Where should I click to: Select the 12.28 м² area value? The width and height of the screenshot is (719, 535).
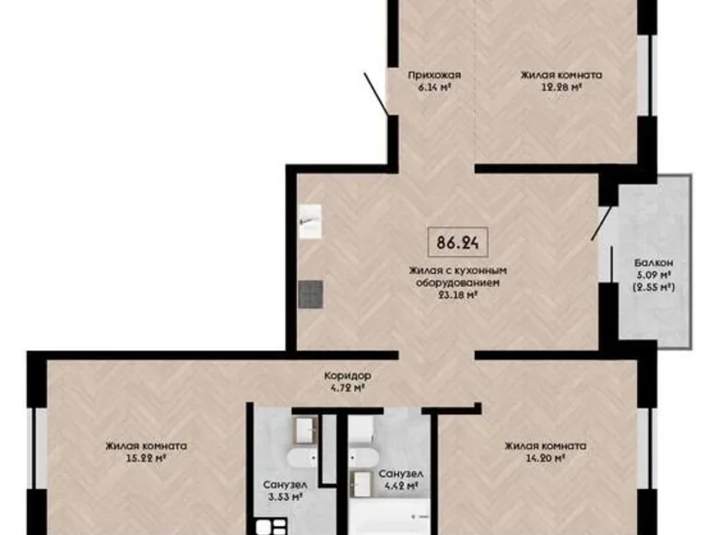click(561, 88)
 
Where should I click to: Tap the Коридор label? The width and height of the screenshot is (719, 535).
click(348, 376)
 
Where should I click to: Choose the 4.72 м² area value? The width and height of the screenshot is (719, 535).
click(348, 388)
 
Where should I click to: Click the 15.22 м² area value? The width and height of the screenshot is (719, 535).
click(146, 458)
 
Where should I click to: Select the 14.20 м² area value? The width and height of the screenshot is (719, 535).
click(545, 458)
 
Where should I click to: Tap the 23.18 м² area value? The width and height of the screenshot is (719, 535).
click(458, 295)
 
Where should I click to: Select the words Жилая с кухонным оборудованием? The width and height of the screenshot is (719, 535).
click(459, 278)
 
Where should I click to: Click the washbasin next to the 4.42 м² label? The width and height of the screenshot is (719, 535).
click(362, 480)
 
